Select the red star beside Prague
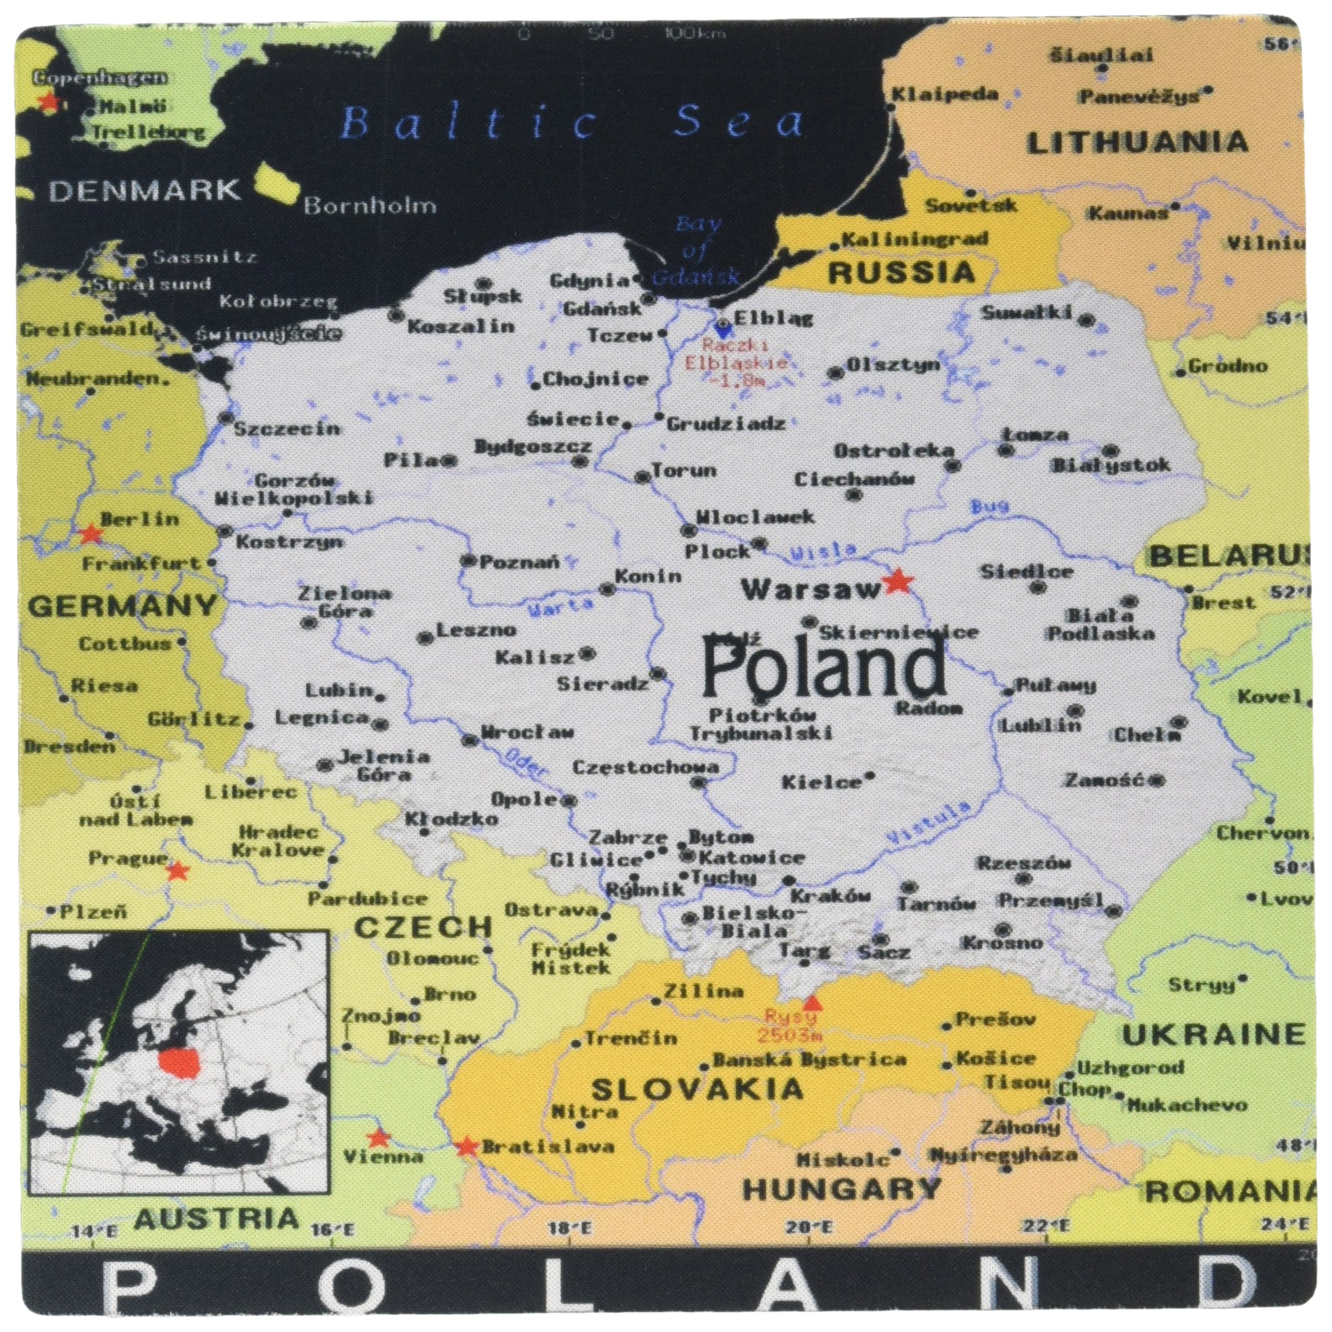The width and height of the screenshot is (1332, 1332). [x=178, y=871]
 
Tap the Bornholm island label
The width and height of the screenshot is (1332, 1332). [x=370, y=205]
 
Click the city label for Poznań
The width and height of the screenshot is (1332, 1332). [x=519, y=562]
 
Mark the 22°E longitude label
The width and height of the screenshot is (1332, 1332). [x=1046, y=1227]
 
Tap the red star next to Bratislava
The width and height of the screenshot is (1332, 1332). [x=467, y=1147]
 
